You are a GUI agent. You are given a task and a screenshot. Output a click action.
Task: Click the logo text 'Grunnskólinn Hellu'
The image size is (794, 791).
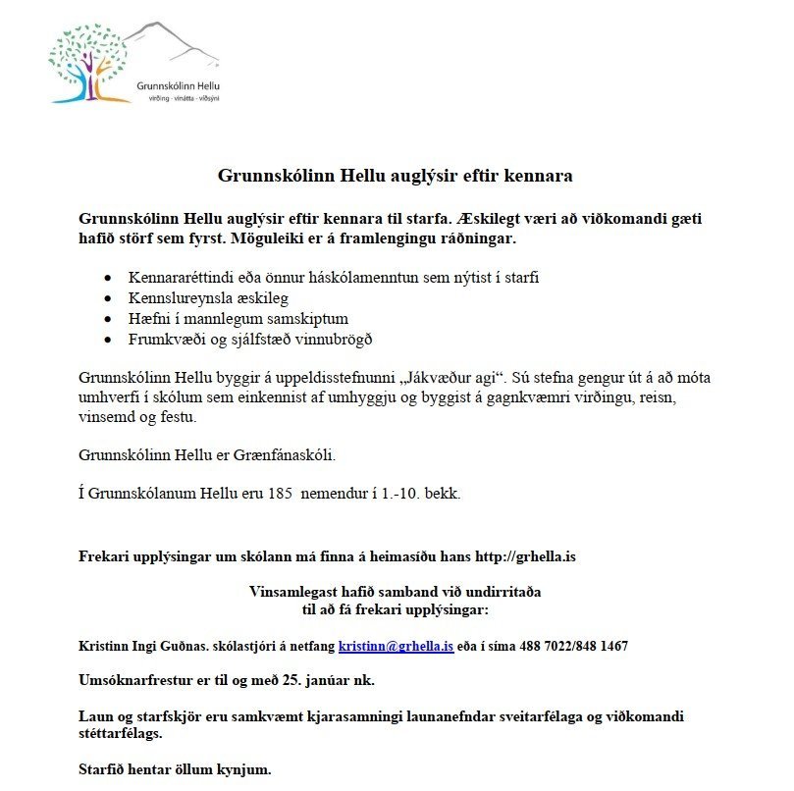coord(179,86)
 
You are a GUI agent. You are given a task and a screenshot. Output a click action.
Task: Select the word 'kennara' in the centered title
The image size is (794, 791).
coord(538,177)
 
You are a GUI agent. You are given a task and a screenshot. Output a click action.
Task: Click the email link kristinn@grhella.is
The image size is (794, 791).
coord(396,647)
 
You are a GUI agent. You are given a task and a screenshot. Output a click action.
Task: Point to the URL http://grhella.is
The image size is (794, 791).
coord(525,557)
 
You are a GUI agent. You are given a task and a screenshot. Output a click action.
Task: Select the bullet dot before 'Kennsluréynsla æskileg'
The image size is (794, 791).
coord(108,298)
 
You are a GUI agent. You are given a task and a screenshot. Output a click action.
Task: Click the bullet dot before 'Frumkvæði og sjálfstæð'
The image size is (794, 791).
coord(108,341)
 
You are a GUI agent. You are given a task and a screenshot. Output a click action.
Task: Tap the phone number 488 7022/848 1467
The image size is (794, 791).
coord(564,647)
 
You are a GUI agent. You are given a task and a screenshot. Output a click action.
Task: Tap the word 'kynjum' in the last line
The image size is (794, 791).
coord(243,769)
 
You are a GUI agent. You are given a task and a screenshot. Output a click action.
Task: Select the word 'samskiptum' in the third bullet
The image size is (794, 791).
coord(306,319)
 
